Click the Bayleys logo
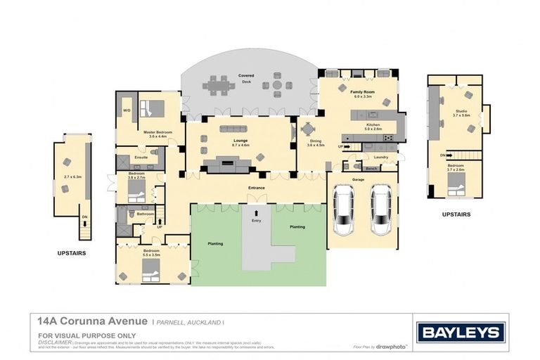(x=461, y=333)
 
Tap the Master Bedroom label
(x=159, y=132)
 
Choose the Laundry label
(x=380, y=157)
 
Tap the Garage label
(x=358, y=179)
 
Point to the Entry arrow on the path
(x=256, y=212)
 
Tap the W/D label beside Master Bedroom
(x=127, y=110)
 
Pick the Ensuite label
(x=141, y=157)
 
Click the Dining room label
(x=316, y=143)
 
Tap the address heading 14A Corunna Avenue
(x=91, y=320)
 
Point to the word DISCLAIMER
(x=55, y=342)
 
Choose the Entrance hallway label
(x=256, y=188)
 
